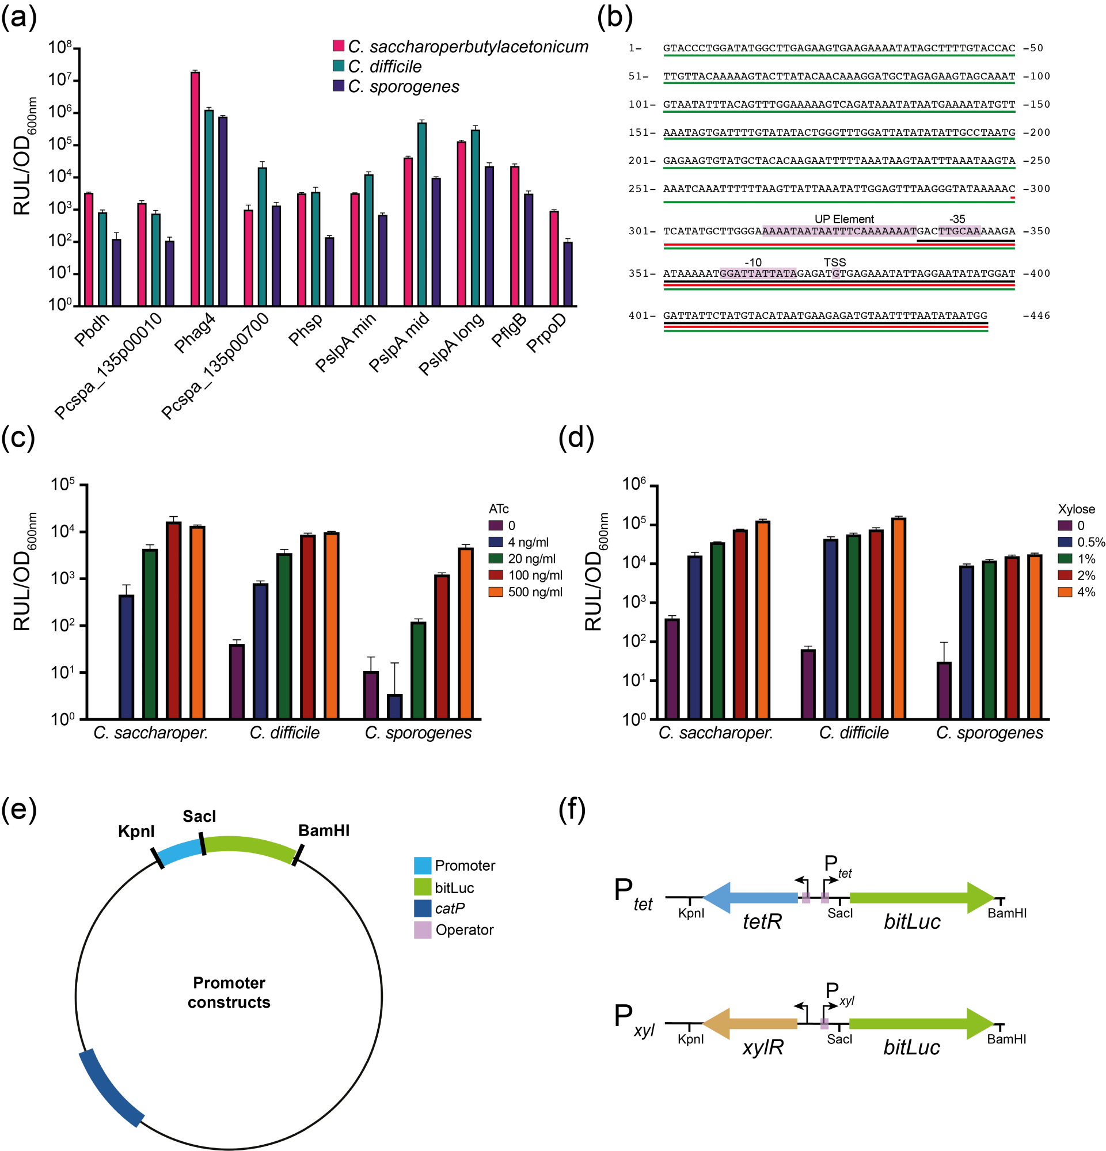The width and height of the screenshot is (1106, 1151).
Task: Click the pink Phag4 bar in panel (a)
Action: pyautogui.click(x=195, y=188)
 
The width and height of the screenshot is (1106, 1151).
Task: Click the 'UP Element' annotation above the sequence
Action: pyautogui.click(x=844, y=219)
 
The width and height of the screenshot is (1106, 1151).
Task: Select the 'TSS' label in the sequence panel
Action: pyautogui.click(x=834, y=262)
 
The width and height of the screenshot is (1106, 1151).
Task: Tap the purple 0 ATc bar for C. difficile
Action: pyautogui.click(x=237, y=681)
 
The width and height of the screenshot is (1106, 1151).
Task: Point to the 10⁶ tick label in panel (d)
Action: pyautogui.click(x=634, y=485)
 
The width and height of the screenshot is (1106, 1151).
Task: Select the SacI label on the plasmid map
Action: pyautogui.click(x=199, y=816)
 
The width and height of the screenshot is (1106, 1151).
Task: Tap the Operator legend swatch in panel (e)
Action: pyautogui.click(x=423, y=929)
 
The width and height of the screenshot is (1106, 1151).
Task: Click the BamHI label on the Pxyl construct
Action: pyautogui.click(x=1006, y=1039)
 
